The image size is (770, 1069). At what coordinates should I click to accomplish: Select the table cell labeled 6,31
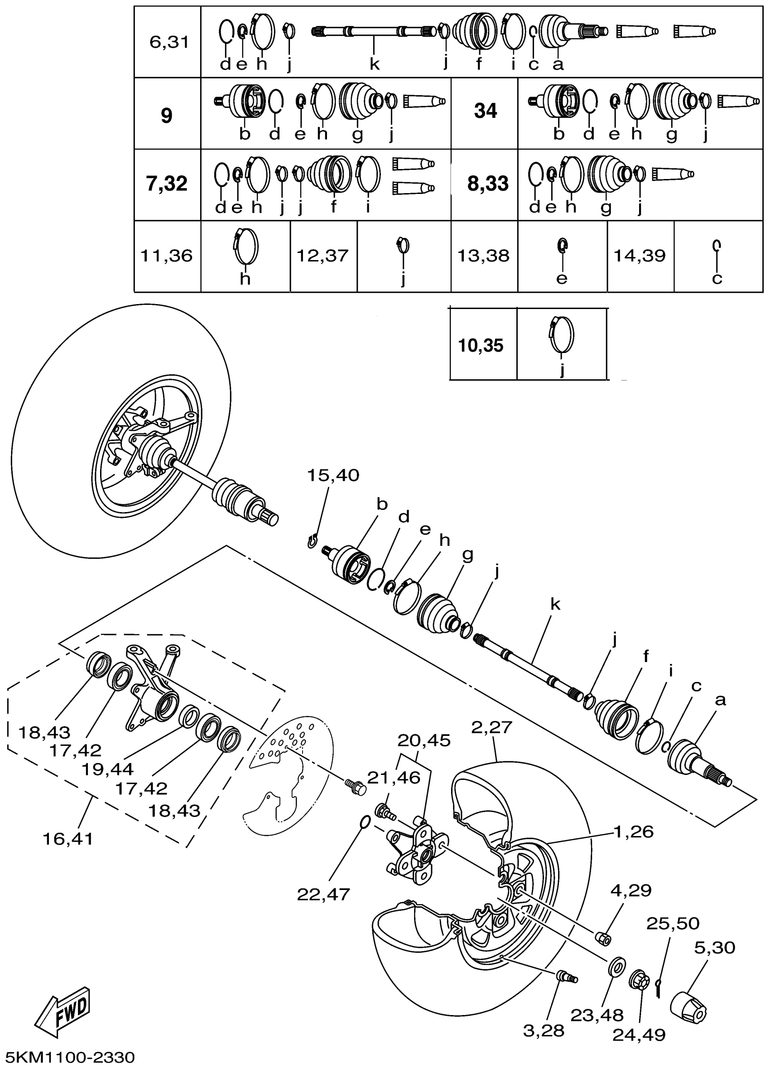168,43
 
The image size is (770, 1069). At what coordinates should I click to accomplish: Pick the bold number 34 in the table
486,111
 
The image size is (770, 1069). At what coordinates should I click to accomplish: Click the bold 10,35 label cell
481,345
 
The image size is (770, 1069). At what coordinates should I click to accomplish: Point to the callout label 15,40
333,475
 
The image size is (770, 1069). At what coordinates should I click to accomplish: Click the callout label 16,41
68,838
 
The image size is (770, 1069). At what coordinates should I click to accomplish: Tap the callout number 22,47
323,894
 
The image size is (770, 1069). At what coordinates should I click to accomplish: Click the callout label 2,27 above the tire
491,727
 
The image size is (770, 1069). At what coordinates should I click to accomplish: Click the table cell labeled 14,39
640,256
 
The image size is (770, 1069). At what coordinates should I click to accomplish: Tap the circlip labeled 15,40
312,541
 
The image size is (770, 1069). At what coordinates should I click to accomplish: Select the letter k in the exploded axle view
556,605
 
